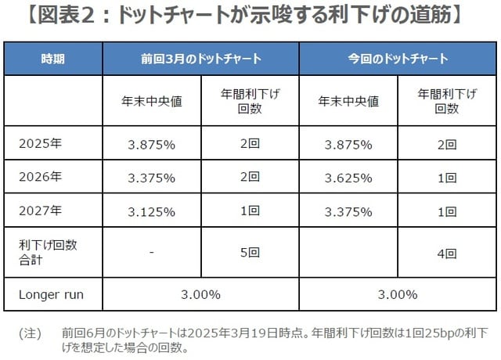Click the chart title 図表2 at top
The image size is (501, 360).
pos(250,16)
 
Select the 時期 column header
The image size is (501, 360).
pos(54,59)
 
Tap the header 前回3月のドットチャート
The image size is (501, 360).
pos(201,59)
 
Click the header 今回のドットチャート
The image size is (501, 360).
pos(398,59)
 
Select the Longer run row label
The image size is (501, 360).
pos(50,294)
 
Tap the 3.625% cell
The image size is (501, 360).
pos(348,177)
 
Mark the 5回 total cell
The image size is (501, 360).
pos(250,251)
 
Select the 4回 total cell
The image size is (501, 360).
pos(447,251)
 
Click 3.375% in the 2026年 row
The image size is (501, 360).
pos(152,177)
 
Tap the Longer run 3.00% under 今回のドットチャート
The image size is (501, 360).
pos(398,294)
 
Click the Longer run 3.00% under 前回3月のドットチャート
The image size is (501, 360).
pos(201,294)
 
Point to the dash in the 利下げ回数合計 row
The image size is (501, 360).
pos(152,251)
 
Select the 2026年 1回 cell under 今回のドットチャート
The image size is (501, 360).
pos(447,177)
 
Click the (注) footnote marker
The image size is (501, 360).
pos(29,333)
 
